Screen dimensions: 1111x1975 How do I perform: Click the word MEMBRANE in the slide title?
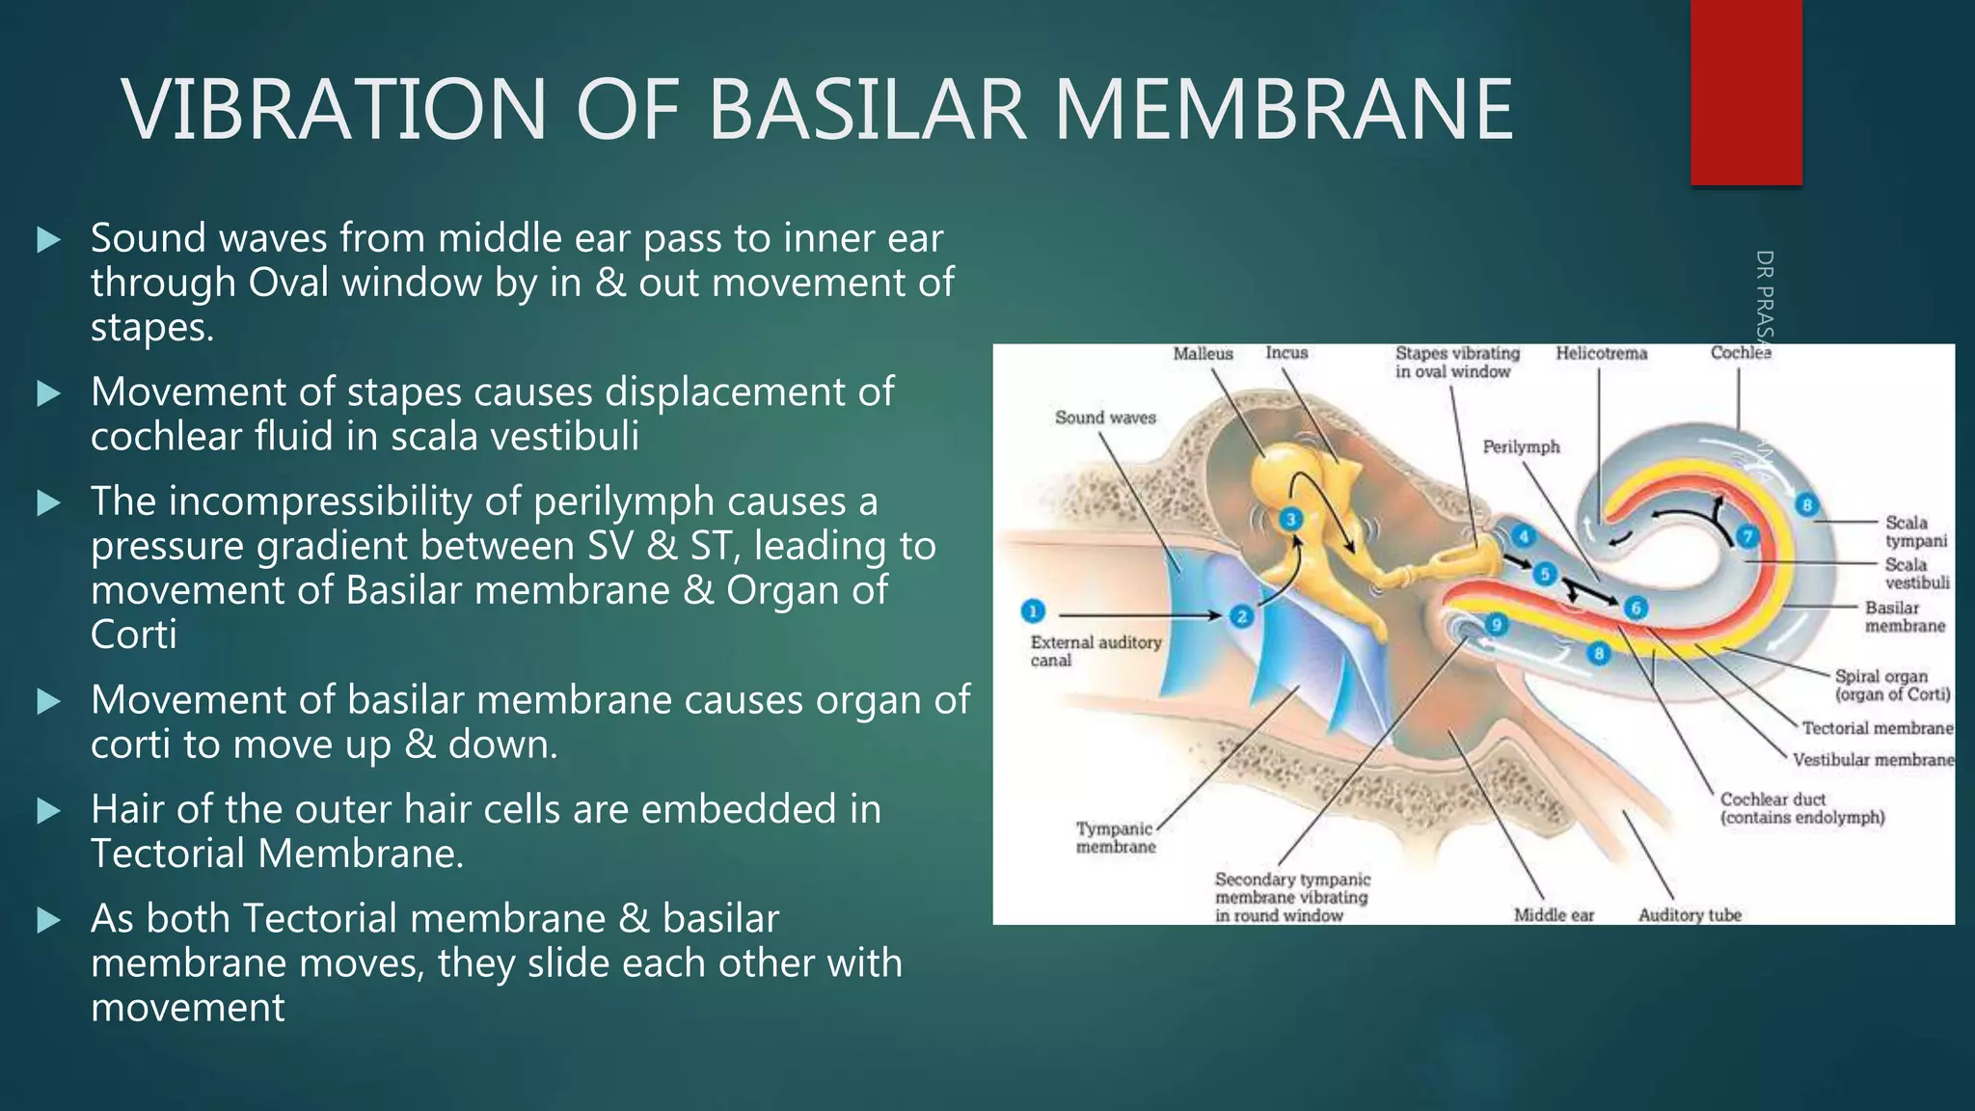pyautogui.click(x=1283, y=109)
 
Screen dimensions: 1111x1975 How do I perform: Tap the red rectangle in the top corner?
pyautogui.click(x=1745, y=92)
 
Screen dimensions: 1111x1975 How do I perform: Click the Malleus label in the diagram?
pyautogui.click(x=1203, y=354)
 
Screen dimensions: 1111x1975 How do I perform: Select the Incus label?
pyautogui.click(x=1286, y=353)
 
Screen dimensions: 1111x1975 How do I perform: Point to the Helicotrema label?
pyautogui.click(x=1601, y=354)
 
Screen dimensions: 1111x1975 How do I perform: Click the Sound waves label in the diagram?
pyautogui.click(x=1105, y=418)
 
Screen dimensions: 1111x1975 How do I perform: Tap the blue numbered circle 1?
pyautogui.click(x=1032, y=611)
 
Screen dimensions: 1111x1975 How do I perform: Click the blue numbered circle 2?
pyautogui.click(x=1241, y=615)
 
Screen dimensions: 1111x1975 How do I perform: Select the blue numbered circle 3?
pyautogui.click(x=1290, y=520)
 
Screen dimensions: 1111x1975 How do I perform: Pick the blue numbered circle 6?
pyautogui.click(x=1636, y=608)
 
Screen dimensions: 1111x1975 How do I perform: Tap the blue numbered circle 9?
pyautogui.click(x=1496, y=625)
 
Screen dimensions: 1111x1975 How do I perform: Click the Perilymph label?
pyautogui.click(x=1521, y=447)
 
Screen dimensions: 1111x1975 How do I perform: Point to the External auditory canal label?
pyautogui.click(x=1095, y=651)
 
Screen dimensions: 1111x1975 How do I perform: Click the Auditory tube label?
pyautogui.click(x=1690, y=914)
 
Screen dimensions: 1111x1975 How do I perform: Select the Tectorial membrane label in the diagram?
pyautogui.click(x=1877, y=728)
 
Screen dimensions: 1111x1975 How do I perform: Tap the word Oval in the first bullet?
pyautogui.click(x=289, y=283)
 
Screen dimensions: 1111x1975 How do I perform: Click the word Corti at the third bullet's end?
pyautogui.click(x=133, y=635)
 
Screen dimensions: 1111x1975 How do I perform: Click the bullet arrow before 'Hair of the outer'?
pyautogui.click(x=48, y=811)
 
